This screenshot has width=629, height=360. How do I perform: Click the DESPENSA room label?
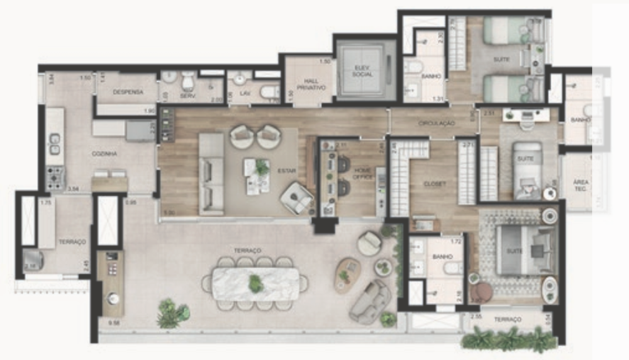coord(128,92)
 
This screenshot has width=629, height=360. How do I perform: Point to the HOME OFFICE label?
coord(363,174)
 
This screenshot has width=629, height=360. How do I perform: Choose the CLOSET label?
coord(435,184)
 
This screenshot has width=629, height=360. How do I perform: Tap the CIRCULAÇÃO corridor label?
coord(436,123)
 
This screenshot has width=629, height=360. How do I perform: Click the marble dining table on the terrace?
coord(255,284)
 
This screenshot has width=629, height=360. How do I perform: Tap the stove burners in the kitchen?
coord(55,180)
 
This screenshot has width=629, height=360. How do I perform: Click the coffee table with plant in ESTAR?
coord(258,176)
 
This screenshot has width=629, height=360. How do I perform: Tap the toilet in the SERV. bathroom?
coord(187,82)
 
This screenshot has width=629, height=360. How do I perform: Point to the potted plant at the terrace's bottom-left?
coord(172,313)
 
